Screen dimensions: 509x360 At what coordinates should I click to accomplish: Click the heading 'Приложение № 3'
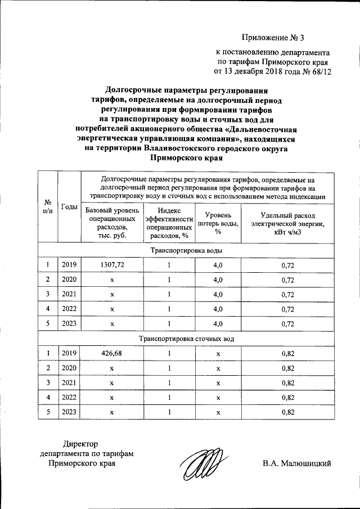click(x=272, y=38)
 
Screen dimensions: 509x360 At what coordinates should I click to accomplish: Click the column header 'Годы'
click(x=69, y=206)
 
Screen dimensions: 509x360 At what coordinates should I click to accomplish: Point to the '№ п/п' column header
click(x=48, y=206)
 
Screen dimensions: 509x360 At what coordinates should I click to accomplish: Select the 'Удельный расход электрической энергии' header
click(x=287, y=223)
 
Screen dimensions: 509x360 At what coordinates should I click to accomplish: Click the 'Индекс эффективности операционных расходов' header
click(x=169, y=223)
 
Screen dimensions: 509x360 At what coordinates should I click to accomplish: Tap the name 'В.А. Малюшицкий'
click(x=296, y=463)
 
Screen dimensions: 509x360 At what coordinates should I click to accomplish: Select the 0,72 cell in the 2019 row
click(x=287, y=264)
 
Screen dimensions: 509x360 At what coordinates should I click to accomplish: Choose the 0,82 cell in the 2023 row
click(x=287, y=412)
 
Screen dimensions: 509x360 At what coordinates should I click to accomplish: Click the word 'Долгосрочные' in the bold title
click(x=134, y=90)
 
